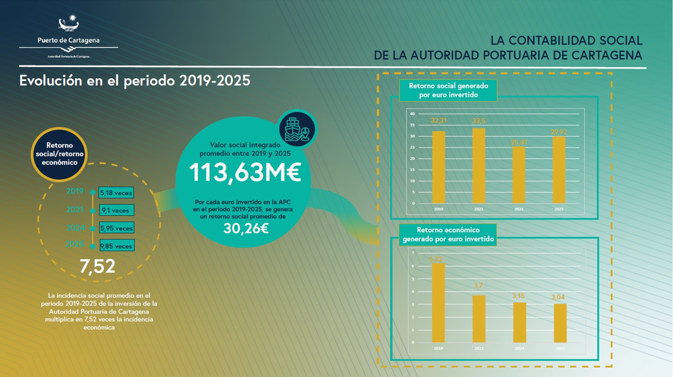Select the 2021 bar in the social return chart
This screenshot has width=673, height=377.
(x=479, y=166)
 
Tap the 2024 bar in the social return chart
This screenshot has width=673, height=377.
(x=519, y=175)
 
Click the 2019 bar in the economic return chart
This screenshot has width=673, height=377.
(x=439, y=303)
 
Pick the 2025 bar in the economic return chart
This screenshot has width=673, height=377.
(x=560, y=323)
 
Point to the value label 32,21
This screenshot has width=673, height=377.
(x=439, y=121)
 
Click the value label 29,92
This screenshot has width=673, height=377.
(x=559, y=132)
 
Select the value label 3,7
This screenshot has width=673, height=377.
(x=478, y=286)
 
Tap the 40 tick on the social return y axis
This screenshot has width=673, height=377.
(x=412, y=114)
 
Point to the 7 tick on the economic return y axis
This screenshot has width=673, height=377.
(x=413, y=253)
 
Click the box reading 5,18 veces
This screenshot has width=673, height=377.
(x=116, y=193)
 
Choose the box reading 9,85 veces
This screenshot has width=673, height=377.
(x=116, y=246)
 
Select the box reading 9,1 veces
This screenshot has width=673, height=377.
(x=116, y=210)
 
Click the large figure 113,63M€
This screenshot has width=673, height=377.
(x=245, y=172)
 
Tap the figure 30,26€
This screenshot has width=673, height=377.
(x=246, y=228)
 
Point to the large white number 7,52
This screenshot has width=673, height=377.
(x=98, y=266)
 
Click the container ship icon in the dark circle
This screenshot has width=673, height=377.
(x=297, y=129)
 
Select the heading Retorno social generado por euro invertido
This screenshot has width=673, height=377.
(x=448, y=90)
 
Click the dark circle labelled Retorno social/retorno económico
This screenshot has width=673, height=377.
(x=59, y=154)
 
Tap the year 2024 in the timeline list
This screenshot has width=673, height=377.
(x=75, y=228)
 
